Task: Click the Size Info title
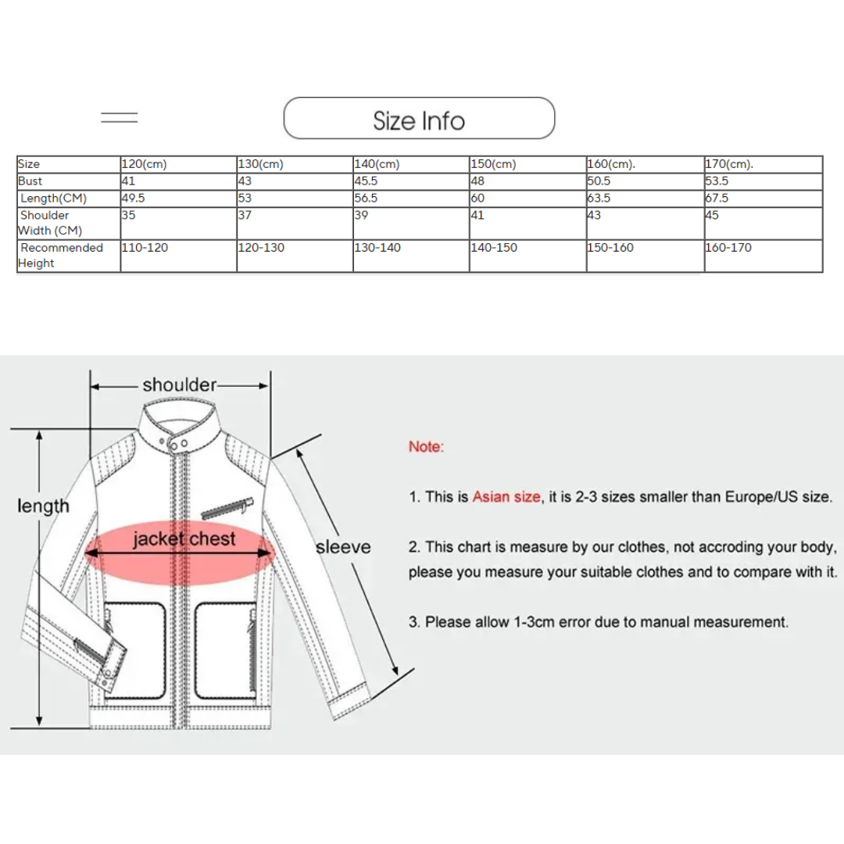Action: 419,121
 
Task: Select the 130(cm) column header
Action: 260,165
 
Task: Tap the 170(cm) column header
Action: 728,165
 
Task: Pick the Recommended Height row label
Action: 60,256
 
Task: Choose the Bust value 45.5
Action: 367,181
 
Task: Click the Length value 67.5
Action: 717,198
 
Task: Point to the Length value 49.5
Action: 133,198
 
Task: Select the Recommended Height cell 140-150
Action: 493,248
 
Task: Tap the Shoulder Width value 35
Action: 128,215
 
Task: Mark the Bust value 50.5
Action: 599,181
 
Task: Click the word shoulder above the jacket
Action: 179,384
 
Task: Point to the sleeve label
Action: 343,547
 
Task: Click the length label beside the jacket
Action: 43,506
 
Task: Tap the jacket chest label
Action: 184,539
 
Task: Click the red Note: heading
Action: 425,447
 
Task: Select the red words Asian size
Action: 506,497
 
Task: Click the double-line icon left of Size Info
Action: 120,118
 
